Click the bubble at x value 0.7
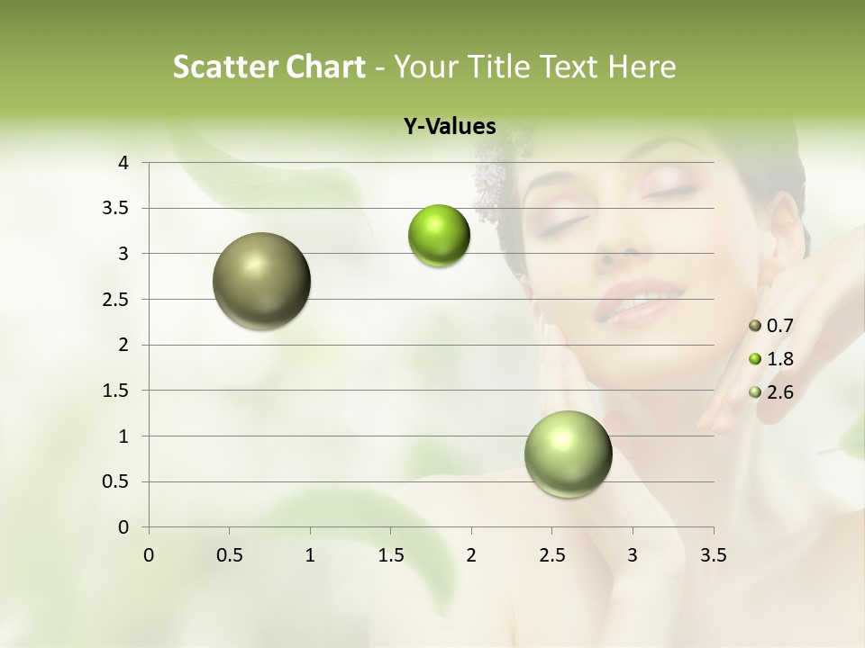pyautogui.click(x=262, y=281)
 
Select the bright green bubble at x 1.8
pyautogui.click(x=439, y=236)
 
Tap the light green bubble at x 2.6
pyautogui.click(x=569, y=454)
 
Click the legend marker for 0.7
pyautogui.click(x=755, y=326)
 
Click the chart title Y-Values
pyautogui.click(x=450, y=127)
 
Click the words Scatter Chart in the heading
pyautogui.click(x=269, y=67)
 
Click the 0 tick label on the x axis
pyautogui.click(x=149, y=555)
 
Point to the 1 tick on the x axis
pyautogui.click(x=310, y=555)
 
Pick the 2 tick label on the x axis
pyautogui.click(x=471, y=555)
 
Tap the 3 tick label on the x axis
pyautogui.click(x=633, y=555)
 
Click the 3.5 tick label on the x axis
pyautogui.click(x=713, y=555)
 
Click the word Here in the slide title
pyautogui.click(x=642, y=67)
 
